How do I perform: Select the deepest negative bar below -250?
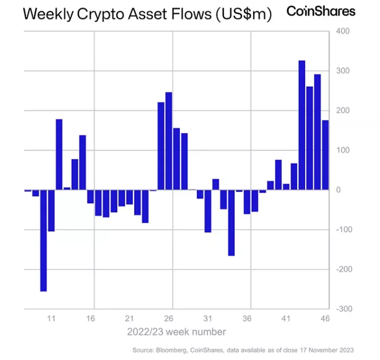pyautogui.click(x=43, y=240)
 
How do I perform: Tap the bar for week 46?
pyautogui.click(x=325, y=155)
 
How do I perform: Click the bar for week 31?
pyautogui.click(x=208, y=211)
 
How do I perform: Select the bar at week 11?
pyautogui.click(x=51, y=210)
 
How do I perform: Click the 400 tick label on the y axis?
pyautogui.click(x=342, y=31)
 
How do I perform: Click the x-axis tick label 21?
pyautogui.click(x=130, y=319)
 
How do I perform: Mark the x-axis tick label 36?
pyautogui.click(x=247, y=319)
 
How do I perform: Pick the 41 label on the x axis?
pyautogui.click(x=287, y=319)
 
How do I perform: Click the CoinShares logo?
pyautogui.click(x=321, y=11)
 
